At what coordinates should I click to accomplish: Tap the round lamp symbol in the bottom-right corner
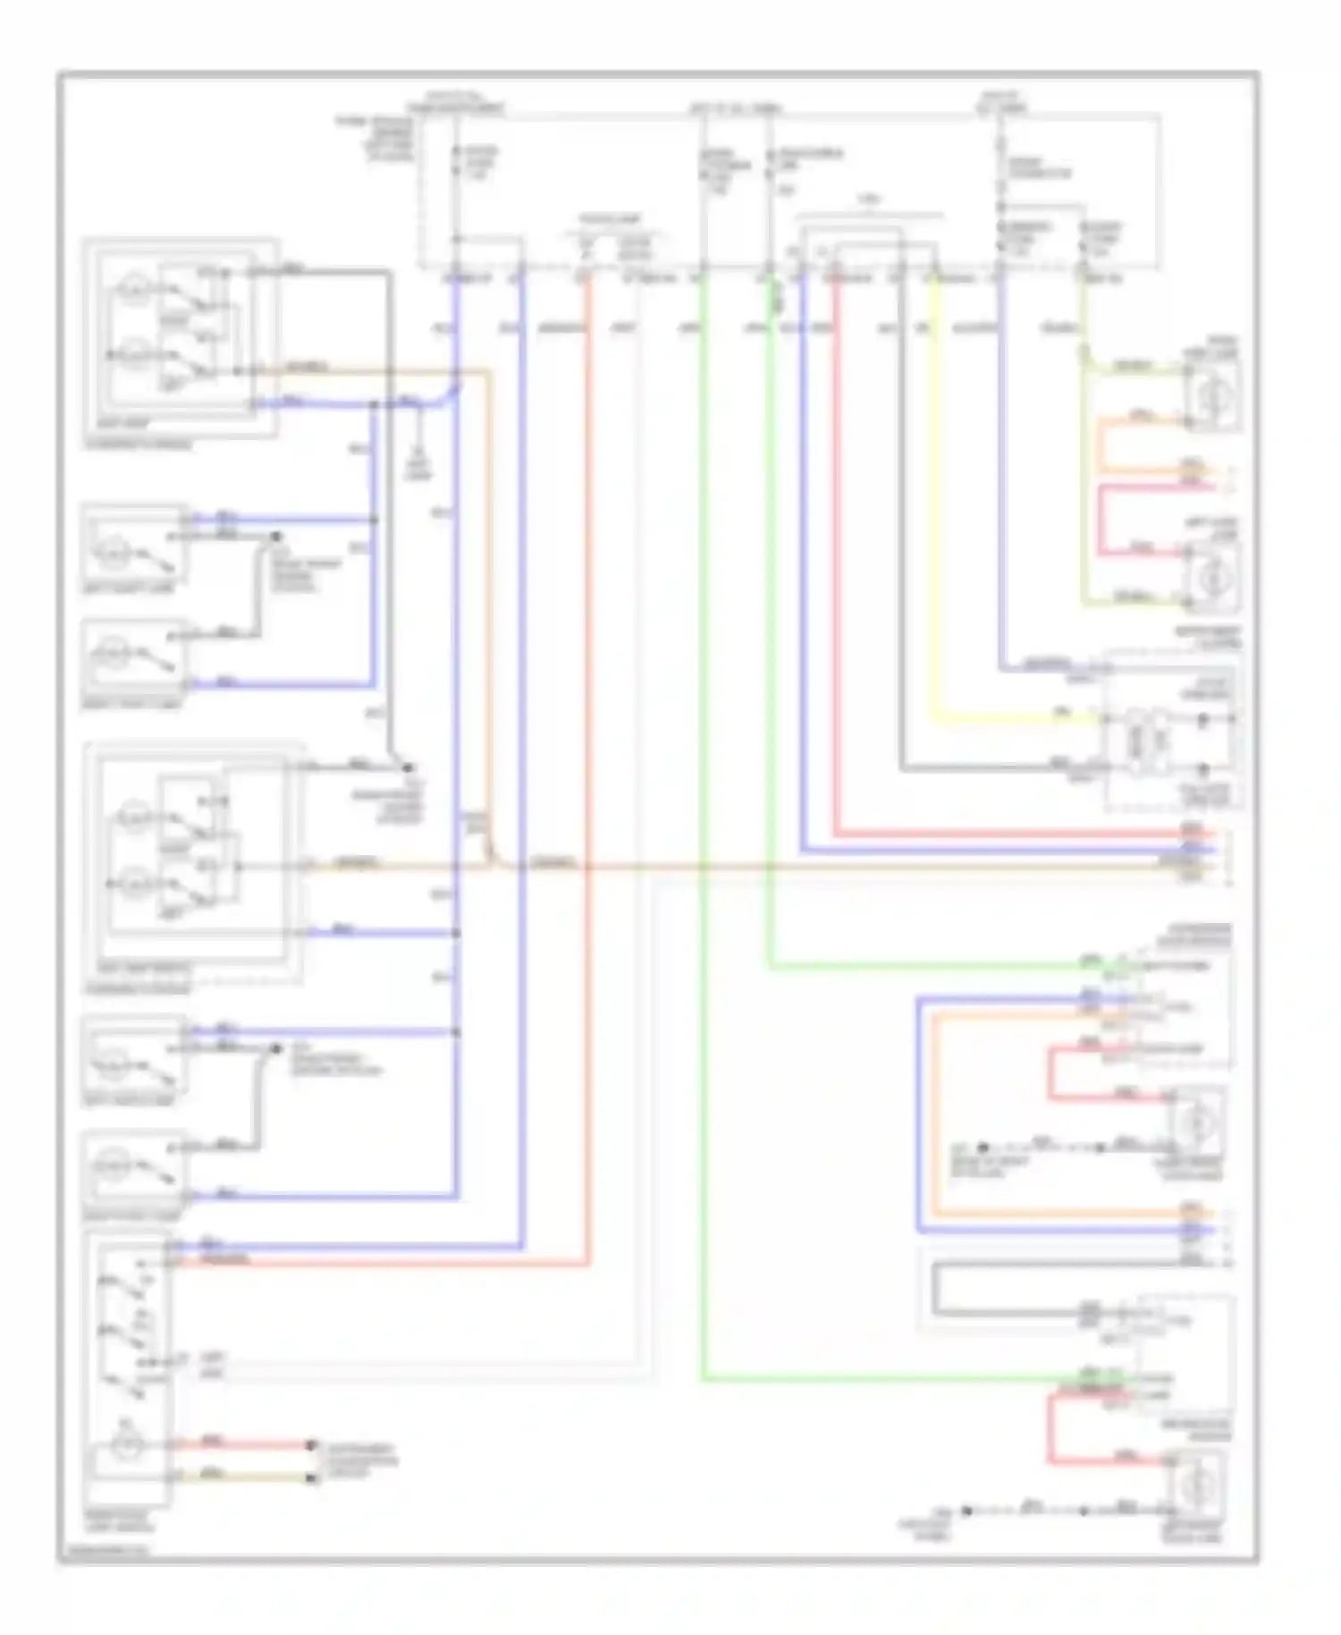[x=1196, y=1487]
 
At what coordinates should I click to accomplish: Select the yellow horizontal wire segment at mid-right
[x=1010, y=718]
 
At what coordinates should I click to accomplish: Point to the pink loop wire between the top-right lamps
[x=1101, y=519]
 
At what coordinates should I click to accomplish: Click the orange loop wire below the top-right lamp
[x=1101, y=444]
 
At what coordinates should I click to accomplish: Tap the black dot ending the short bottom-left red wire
[x=312, y=1444]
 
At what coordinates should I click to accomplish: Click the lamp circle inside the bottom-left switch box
[x=126, y=1444]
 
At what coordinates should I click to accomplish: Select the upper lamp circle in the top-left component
[x=134, y=289]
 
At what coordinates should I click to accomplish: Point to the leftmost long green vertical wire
[x=704, y=805]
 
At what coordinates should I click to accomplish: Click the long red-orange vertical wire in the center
[x=589, y=760]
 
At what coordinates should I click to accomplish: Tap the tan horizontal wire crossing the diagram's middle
[x=805, y=866]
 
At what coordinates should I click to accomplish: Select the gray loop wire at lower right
[x=935, y=1288]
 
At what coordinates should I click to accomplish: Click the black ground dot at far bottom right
[x=966, y=1511]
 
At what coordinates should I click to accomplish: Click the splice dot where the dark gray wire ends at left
[x=409, y=767]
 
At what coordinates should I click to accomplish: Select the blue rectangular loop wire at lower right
[x=918, y=1118]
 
